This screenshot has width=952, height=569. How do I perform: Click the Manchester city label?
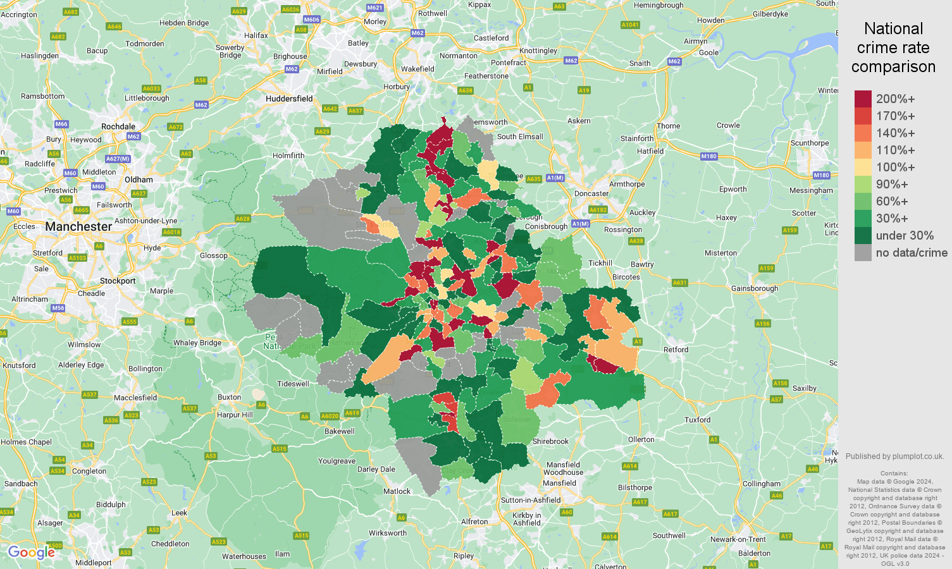click(x=78, y=226)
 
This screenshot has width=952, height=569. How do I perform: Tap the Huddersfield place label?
click(x=289, y=99)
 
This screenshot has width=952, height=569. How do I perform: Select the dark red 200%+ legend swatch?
click(x=863, y=99)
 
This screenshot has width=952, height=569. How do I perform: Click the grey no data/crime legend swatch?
click(x=863, y=253)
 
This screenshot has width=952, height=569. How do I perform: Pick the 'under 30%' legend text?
click(x=905, y=236)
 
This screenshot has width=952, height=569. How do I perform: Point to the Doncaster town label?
click(x=591, y=193)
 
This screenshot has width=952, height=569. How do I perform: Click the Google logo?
click(x=31, y=553)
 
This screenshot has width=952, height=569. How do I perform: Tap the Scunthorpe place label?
click(x=809, y=143)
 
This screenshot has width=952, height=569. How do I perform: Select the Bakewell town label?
click(x=339, y=431)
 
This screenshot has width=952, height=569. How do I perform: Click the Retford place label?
click(x=676, y=350)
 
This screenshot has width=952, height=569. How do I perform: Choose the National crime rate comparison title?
click(x=893, y=47)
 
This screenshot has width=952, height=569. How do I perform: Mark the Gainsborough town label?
click(x=754, y=288)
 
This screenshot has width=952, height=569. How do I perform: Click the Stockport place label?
click(x=118, y=281)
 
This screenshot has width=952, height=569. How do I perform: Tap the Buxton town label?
click(x=229, y=397)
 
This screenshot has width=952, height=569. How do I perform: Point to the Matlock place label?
click(x=397, y=491)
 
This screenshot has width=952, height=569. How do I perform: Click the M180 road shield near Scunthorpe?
click(x=821, y=175)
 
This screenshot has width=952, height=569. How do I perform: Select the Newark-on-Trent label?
click(x=738, y=539)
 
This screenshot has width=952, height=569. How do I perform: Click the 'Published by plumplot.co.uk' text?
click(x=894, y=456)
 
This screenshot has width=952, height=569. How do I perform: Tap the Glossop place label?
click(x=213, y=255)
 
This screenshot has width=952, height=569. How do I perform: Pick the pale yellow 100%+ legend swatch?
click(x=863, y=168)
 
